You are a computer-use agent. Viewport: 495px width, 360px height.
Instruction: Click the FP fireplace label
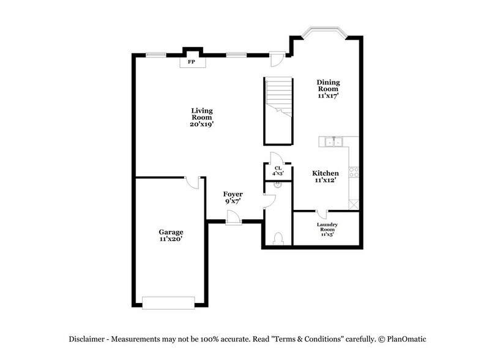pos(191,62)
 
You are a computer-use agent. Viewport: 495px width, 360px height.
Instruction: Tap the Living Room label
pos(201,117)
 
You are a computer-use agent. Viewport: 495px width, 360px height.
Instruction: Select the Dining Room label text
pos(328,88)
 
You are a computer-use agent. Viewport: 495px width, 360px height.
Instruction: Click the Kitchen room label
pos(326,177)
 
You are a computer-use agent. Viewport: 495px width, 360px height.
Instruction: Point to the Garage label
pos(171,236)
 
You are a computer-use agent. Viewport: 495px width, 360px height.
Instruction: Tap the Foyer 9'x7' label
pos(233,198)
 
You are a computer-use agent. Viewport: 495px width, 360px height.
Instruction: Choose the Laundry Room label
pos(327,228)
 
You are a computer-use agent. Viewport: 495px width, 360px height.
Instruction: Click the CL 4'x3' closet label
pos(278,170)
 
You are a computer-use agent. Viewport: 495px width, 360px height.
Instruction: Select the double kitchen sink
pos(333,141)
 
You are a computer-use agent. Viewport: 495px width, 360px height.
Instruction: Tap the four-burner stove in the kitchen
pos(353,172)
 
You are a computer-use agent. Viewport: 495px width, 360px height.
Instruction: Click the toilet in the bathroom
pos(278,237)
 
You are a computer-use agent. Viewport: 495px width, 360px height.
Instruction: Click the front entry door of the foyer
pos(233,217)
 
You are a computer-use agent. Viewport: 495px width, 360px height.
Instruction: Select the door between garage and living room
pos(192,182)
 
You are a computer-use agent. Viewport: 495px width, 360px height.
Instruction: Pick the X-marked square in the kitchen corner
pos(353,203)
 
